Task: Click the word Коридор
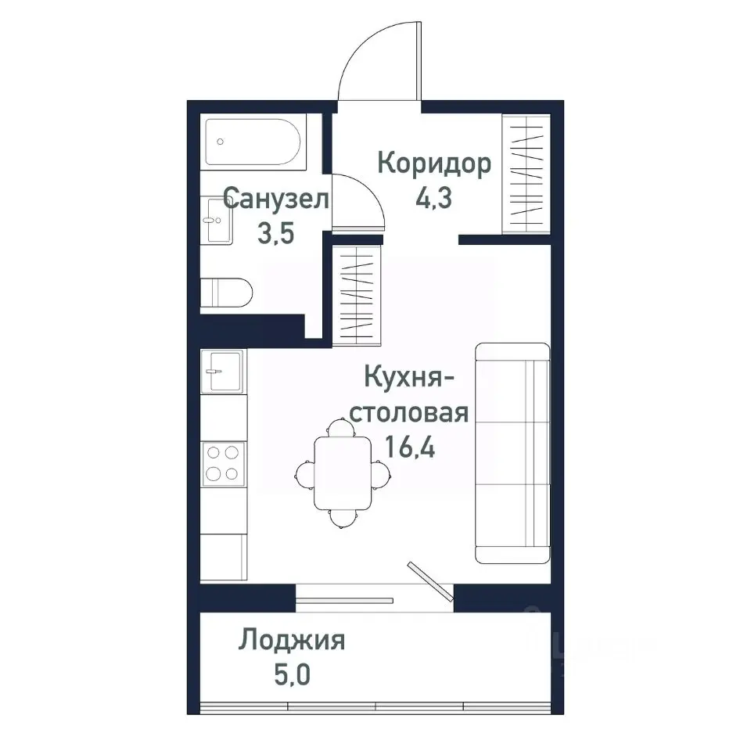(x=434, y=164)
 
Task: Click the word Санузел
(x=276, y=199)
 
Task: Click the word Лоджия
(x=293, y=641)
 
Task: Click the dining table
(x=343, y=473)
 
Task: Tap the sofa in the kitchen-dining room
(x=512, y=453)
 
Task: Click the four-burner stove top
(x=223, y=462)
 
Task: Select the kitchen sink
(x=222, y=370)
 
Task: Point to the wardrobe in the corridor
(x=526, y=173)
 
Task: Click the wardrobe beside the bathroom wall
(x=357, y=294)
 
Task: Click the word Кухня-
(x=410, y=378)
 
